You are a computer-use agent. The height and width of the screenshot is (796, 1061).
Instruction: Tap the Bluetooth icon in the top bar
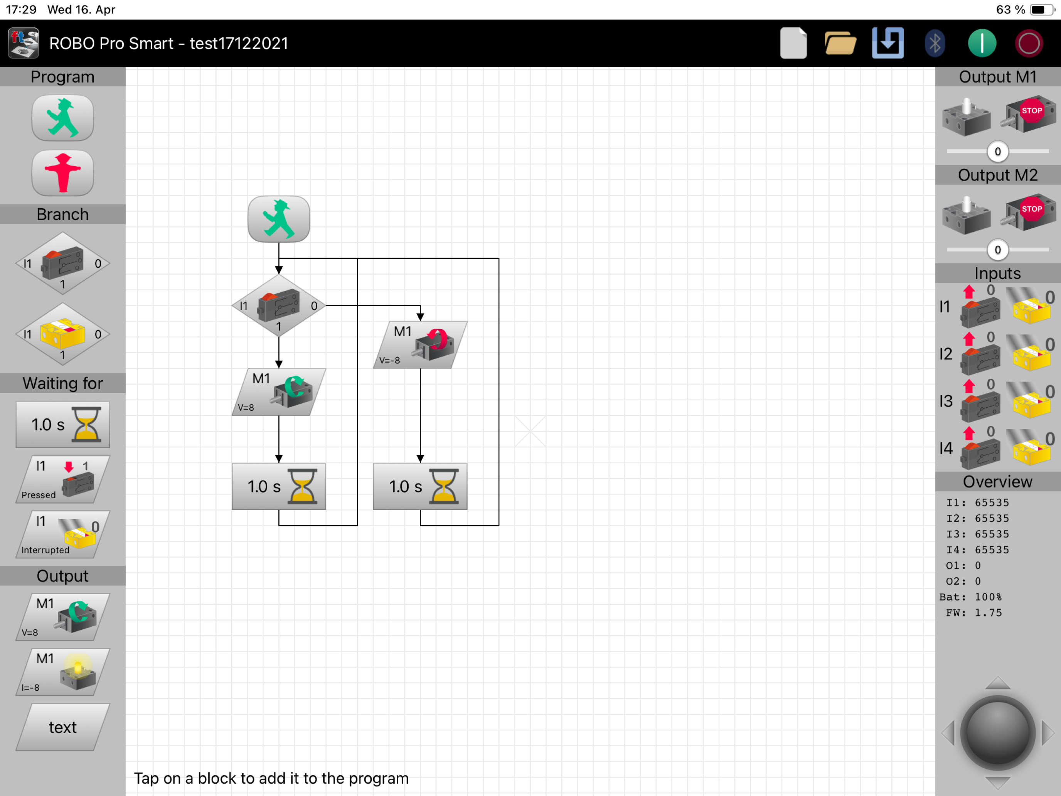pyautogui.click(x=935, y=43)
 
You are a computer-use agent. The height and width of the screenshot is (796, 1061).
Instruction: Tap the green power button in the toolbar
pyautogui.click(x=982, y=43)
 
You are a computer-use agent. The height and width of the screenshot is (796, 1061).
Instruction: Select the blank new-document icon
pyautogui.click(x=793, y=43)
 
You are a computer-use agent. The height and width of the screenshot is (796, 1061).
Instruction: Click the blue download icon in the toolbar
pyautogui.click(x=888, y=43)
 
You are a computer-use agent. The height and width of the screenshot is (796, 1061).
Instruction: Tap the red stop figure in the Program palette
pyautogui.click(x=63, y=173)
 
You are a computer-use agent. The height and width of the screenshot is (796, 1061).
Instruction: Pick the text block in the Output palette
pyautogui.click(x=63, y=727)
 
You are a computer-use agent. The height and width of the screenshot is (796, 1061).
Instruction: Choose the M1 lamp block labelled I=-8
pyautogui.click(x=63, y=672)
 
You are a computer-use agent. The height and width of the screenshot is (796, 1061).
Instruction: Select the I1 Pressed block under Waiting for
pyautogui.click(x=63, y=479)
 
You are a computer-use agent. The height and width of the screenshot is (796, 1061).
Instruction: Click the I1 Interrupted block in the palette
pyautogui.click(x=63, y=534)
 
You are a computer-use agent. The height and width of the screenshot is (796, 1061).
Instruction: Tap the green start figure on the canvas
pyautogui.click(x=279, y=219)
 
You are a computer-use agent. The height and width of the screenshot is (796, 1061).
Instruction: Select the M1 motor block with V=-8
pyautogui.click(x=420, y=344)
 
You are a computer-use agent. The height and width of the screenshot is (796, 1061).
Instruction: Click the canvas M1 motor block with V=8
pyautogui.click(x=279, y=391)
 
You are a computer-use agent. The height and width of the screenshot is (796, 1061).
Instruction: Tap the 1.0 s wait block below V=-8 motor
pyautogui.click(x=420, y=486)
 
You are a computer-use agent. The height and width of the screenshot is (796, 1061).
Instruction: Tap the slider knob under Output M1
pyautogui.click(x=998, y=152)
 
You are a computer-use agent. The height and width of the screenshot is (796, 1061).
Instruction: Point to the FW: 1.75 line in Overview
pyautogui.click(x=974, y=613)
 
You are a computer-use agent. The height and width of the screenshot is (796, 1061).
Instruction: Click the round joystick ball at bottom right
pyautogui.click(x=998, y=732)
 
